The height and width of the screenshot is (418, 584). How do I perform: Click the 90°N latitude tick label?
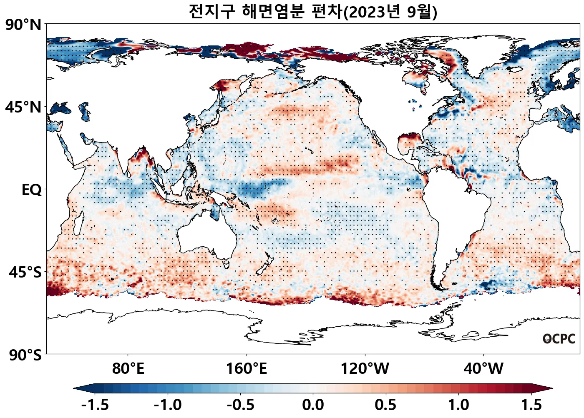23,25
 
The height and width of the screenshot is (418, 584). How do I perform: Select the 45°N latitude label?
23,108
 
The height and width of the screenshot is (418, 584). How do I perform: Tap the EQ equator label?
32,190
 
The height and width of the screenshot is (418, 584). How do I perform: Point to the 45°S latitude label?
25,273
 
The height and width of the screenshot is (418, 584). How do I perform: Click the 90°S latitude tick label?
25,355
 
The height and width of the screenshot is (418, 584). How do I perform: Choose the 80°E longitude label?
128,369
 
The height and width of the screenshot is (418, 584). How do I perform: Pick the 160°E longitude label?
247,369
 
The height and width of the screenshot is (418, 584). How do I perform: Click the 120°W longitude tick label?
365,369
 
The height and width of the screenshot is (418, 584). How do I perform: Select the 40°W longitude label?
483,369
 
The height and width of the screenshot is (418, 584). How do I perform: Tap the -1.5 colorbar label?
95,405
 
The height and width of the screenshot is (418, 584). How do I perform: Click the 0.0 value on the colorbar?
313,405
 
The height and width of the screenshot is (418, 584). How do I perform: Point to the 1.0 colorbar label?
458,405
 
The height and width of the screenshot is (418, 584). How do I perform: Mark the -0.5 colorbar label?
241,405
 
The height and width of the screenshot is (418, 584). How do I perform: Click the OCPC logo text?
559,339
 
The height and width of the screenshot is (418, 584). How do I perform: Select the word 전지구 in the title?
212,11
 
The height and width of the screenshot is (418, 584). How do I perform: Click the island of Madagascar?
78,223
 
